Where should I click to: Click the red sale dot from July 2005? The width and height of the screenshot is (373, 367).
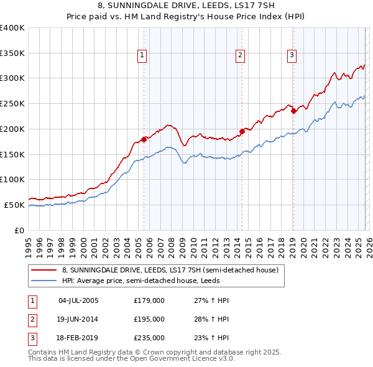click(x=144, y=139)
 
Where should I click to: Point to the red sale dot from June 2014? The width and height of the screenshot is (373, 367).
click(x=242, y=131)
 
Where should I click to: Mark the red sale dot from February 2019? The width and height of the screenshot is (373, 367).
click(x=293, y=111)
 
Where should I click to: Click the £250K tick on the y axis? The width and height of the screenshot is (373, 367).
click(x=12, y=103)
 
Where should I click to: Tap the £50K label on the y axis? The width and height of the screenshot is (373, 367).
click(x=15, y=205)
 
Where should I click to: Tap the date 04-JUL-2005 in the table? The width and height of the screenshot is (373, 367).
click(x=78, y=300)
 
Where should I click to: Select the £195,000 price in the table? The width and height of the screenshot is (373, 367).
click(x=149, y=319)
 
